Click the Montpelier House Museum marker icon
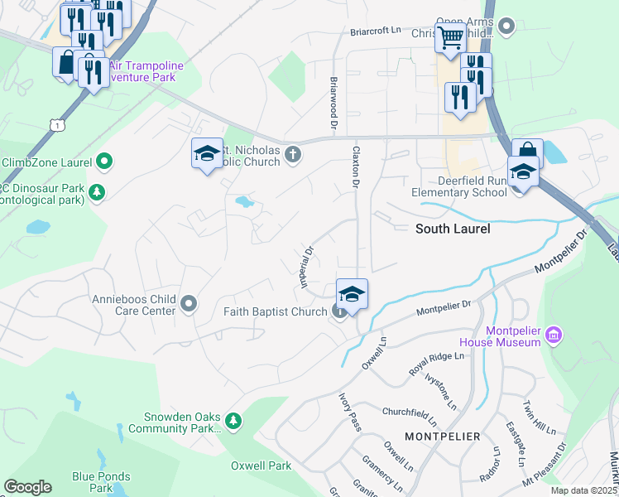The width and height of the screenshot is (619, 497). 554,335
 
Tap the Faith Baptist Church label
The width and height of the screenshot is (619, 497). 276,311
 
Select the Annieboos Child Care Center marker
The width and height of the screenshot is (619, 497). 189,304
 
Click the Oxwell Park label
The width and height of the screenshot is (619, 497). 261,466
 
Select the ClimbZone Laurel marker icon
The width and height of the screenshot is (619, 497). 104,161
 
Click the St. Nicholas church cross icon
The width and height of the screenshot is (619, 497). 292,154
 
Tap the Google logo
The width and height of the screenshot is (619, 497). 27,487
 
